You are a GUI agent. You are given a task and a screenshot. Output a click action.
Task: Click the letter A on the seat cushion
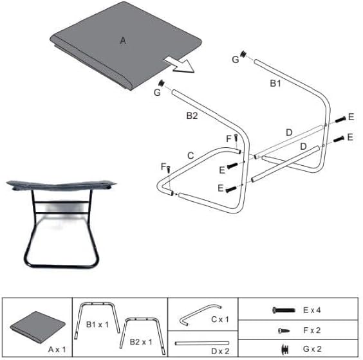[123, 41]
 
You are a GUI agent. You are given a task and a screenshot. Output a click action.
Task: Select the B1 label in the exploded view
[275, 83]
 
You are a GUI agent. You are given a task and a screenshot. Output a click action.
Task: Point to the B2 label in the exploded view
[192, 116]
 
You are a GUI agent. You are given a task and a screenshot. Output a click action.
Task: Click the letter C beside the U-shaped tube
[191, 156]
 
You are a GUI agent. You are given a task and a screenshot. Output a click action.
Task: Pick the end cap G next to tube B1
[243, 55]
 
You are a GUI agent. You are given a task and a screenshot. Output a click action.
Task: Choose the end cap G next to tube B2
[162, 83]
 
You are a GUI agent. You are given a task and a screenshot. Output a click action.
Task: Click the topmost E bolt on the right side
[340, 120]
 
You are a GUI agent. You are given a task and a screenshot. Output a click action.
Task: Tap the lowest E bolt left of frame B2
[231, 190]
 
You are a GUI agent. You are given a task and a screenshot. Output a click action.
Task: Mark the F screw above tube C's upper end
[236, 138]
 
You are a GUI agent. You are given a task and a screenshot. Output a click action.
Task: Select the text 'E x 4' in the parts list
[312, 310]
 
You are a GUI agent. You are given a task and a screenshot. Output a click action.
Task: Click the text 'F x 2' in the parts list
[312, 330]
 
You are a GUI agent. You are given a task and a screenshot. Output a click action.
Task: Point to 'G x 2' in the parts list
[312, 348]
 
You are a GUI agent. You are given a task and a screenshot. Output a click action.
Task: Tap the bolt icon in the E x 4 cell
[284, 310]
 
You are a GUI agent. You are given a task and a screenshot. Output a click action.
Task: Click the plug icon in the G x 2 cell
[285, 350]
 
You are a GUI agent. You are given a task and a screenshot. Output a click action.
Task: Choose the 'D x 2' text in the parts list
[220, 351]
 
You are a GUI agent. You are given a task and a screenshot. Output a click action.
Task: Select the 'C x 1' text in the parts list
[220, 319]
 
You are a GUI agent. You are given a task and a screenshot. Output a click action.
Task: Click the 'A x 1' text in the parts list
[57, 349]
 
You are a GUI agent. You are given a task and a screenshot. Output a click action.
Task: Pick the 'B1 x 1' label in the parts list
[97, 325]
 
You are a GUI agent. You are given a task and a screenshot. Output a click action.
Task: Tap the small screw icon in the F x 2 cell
[284, 330]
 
